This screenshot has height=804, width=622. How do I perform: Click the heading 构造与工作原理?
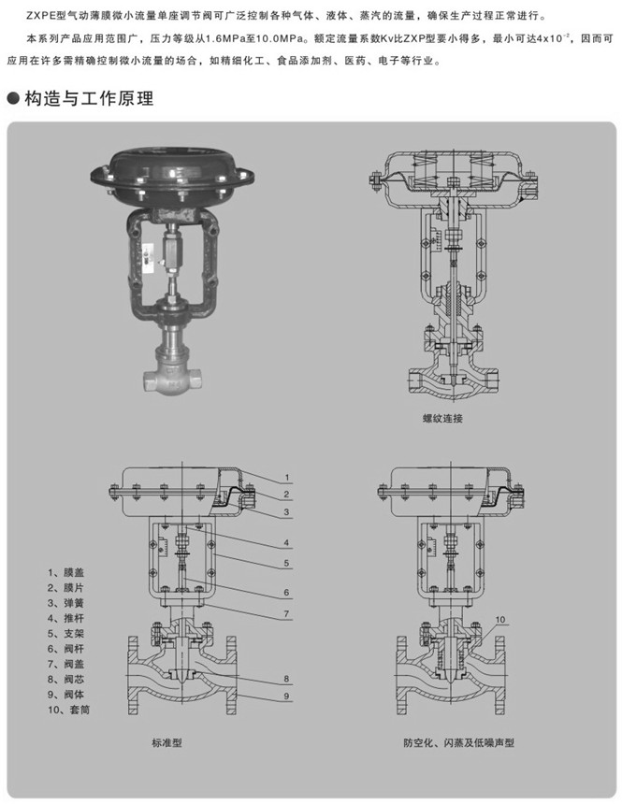(x=89, y=98)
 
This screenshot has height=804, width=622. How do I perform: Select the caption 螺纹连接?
(x=441, y=419)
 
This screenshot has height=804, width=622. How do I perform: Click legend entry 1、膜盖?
(x=65, y=571)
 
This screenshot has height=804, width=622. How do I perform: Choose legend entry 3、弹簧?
(x=65, y=602)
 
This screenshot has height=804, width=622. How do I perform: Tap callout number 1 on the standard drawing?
(x=289, y=478)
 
